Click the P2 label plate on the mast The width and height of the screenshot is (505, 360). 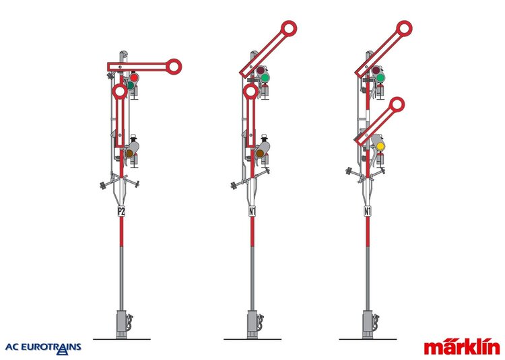pos(121,211)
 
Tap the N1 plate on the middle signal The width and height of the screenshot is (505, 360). pos(252,211)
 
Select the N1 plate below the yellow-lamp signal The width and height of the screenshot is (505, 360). pos(367,211)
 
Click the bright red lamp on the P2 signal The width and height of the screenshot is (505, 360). pos(134,78)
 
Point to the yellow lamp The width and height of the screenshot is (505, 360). pos(380,147)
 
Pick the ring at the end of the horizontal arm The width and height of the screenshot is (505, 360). pos(174,67)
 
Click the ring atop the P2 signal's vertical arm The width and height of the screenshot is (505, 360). pos(120,92)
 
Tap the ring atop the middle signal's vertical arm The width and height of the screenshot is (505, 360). pos(250,92)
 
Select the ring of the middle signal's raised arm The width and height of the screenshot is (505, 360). pos(289,29)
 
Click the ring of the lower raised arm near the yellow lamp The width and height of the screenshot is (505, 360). pos(397,105)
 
